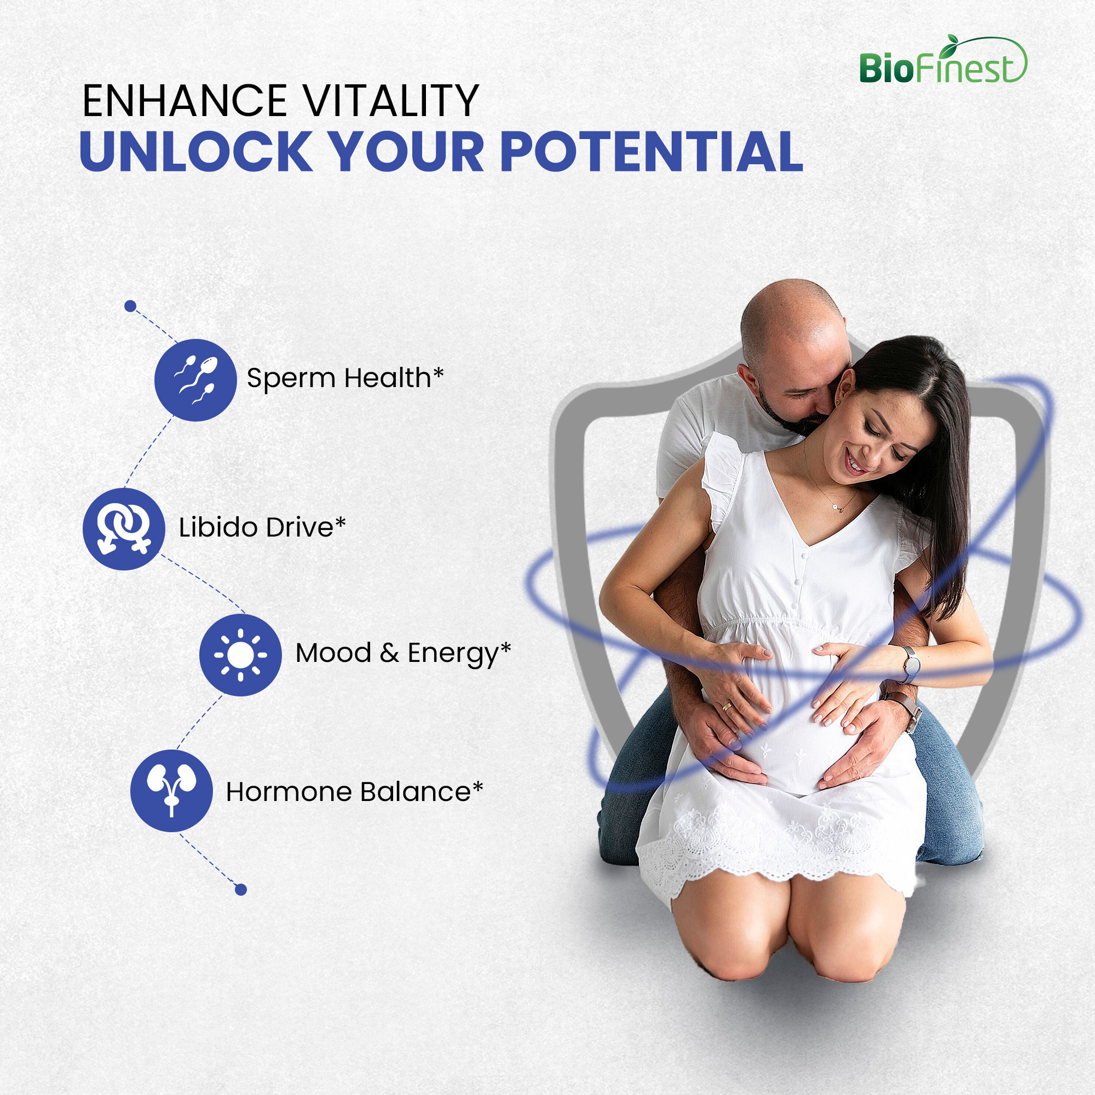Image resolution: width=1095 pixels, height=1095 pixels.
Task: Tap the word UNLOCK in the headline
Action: click(196, 151)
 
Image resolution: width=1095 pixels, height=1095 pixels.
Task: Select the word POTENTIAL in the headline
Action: click(651, 151)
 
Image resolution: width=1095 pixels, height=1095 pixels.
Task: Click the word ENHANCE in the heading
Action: click(185, 101)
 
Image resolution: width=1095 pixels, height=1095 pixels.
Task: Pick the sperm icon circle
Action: click(195, 380)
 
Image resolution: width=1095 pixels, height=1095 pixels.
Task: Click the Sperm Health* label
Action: click(345, 378)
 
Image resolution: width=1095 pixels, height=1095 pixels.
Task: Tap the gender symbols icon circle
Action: click(124, 529)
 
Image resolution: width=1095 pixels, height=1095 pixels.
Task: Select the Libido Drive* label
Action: click(262, 528)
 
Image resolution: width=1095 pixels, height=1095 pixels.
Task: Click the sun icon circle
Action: click(240, 655)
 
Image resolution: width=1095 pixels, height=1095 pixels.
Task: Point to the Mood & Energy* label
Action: click(403, 654)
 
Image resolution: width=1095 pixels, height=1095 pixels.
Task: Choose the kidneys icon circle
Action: click(172, 791)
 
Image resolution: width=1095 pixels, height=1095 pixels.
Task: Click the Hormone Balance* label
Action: click(354, 792)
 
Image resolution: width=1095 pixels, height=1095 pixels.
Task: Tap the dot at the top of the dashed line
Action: click(130, 306)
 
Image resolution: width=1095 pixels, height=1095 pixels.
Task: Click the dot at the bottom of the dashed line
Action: click(241, 890)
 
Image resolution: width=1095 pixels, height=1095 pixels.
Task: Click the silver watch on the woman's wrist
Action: click(911, 664)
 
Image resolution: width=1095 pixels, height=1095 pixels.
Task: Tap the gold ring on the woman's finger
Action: click(727, 706)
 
